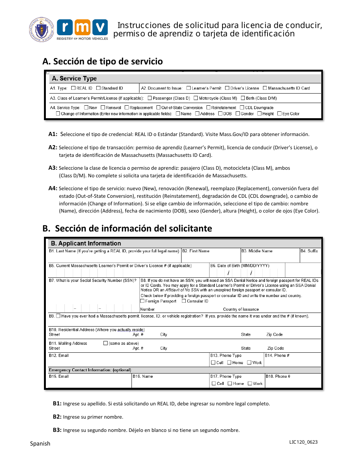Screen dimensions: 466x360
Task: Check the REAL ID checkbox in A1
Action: click(74, 88)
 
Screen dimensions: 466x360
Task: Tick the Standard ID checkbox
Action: click(98, 88)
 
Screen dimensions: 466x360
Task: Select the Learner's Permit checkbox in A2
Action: click(188, 88)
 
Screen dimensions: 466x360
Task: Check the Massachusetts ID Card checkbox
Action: click(265, 88)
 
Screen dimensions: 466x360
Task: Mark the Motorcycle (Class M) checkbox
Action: click(196, 98)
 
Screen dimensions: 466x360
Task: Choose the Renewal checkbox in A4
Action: click(103, 108)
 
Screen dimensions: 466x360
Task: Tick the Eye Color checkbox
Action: click(279, 114)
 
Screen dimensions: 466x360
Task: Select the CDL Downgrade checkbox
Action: click(242, 108)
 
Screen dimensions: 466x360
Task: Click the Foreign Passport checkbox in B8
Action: click(142, 301)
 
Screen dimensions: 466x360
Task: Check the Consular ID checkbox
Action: click(184, 301)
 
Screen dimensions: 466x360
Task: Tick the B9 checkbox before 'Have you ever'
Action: click(58, 316)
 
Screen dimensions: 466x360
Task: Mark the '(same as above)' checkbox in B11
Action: click(106, 343)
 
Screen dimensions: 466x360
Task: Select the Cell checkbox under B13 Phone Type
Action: click(213, 363)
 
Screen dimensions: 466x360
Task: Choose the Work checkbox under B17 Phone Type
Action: click(250, 383)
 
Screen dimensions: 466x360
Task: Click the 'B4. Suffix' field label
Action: click(309, 251)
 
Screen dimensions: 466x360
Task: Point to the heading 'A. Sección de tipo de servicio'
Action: click(103, 61)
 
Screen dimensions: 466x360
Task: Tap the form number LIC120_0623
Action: click(303, 442)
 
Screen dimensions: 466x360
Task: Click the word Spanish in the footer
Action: click(40, 444)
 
